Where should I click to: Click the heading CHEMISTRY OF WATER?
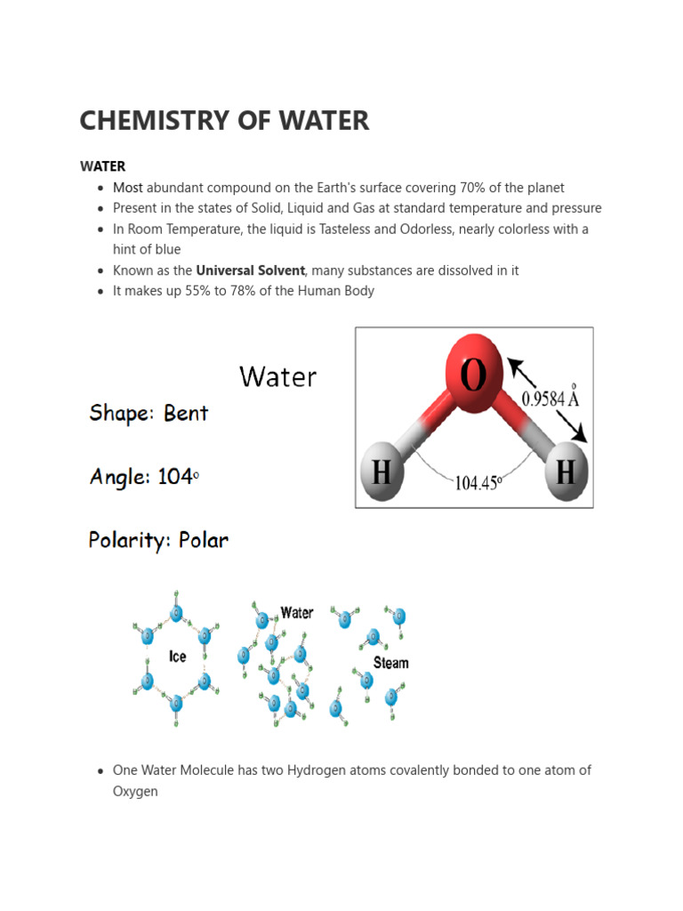click(224, 120)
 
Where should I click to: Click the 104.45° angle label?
click(479, 483)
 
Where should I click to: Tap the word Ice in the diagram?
click(178, 657)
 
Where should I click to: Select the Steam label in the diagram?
click(391, 663)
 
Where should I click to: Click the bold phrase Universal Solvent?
click(250, 270)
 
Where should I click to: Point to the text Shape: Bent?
click(149, 414)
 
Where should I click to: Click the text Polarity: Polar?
click(158, 540)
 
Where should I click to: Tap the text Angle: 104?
click(142, 477)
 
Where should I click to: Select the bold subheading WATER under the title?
click(102, 166)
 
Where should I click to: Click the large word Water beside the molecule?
click(277, 377)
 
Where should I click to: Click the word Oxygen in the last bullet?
click(135, 791)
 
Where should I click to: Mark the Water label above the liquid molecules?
click(297, 613)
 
